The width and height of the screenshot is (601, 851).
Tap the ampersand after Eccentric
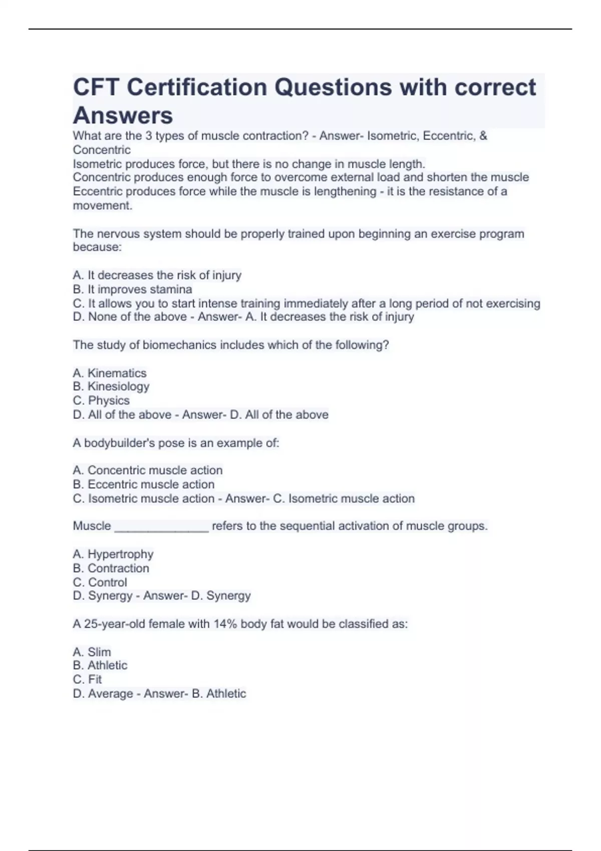[x=483, y=136]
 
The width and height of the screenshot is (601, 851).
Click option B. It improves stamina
[x=132, y=289]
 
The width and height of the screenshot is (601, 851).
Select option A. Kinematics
[x=110, y=373]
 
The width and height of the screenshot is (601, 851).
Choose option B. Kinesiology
[x=111, y=386]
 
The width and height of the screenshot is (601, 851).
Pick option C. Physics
[x=101, y=400]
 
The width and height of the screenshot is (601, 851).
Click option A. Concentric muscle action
[x=148, y=470]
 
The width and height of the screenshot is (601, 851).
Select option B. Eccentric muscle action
[x=144, y=484]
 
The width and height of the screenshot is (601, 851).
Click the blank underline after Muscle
[x=161, y=527]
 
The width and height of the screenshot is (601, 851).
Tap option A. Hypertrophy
[x=113, y=554]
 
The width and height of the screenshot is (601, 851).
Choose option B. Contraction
[x=111, y=568]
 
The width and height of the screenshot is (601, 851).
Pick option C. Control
[x=100, y=582]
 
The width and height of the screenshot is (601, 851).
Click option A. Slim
[x=92, y=652]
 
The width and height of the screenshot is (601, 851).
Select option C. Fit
[x=88, y=679]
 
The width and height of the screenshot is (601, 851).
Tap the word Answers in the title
[x=123, y=116]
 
